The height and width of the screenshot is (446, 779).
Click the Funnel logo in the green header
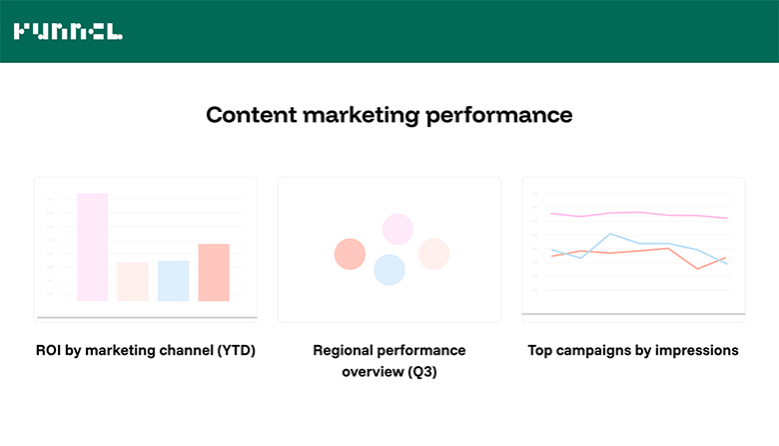(x=68, y=32)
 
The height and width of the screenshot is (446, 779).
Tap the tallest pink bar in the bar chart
(x=92, y=247)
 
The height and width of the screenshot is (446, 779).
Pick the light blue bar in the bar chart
(x=173, y=280)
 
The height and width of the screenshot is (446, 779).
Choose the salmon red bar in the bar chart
(x=214, y=272)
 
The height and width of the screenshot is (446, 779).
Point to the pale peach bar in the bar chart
(x=133, y=281)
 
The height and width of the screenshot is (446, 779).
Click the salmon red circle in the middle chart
(x=350, y=254)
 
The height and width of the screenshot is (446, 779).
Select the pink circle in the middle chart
(x=397, y=229)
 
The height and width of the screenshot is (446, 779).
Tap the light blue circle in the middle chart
(x=389, y=270)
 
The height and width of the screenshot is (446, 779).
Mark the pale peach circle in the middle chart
(x=433, y=254)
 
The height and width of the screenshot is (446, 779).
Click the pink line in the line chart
(x=639, y=214)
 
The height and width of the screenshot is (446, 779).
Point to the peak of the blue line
(x=610, y=234)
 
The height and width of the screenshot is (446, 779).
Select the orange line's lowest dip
(x=697, y=268)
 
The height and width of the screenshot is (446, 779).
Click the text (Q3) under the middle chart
(x=423, y=372)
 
